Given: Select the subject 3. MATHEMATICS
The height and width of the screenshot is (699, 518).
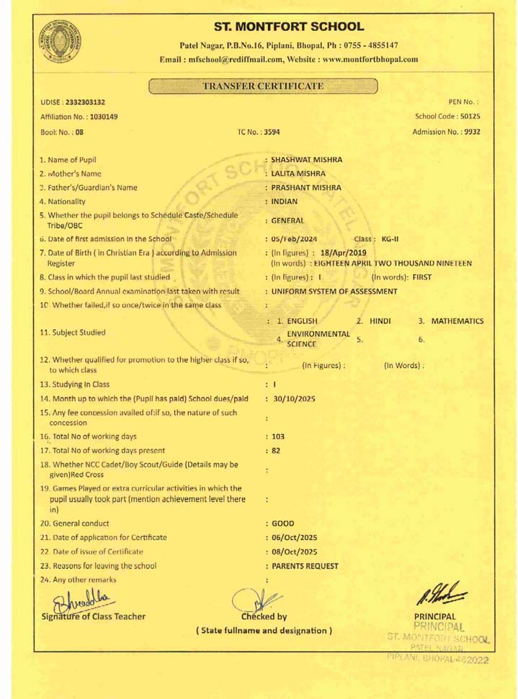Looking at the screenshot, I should coord(451,320).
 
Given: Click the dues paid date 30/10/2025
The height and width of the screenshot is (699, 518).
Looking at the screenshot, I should coord(293,397).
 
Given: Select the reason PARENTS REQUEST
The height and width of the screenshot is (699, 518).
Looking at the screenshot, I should coord(305,566).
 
